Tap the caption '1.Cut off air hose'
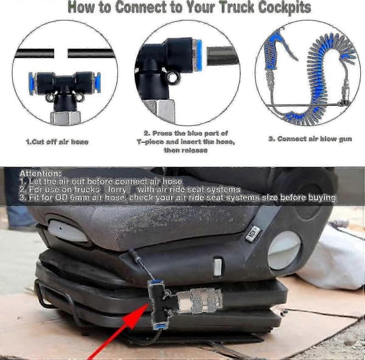tap(57, 142)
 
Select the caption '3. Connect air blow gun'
tap(310, 139)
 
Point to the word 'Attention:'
tap(41, 174)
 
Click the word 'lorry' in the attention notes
tap(117, 189)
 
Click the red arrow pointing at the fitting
tap(118, 331)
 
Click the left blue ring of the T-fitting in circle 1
tap(31, 83)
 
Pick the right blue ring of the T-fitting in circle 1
tap(97, 83)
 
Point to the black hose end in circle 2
tap(223, 55)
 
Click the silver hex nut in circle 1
tap(66, 118)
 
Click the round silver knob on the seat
tap(285, 251)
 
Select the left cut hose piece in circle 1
tap(35, 53)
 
